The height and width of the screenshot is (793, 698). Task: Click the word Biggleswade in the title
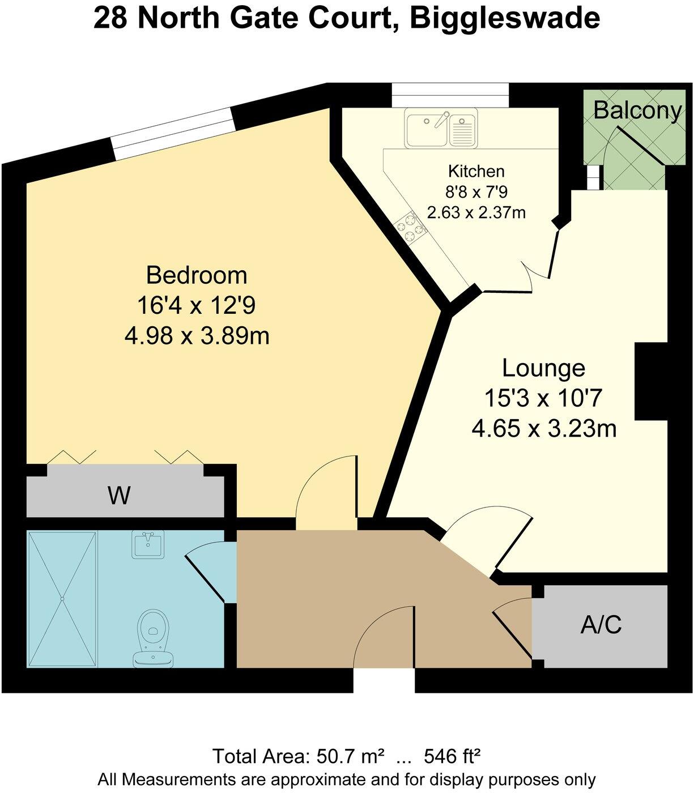click(504, 19)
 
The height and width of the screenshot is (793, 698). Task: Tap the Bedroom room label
click(197, 275)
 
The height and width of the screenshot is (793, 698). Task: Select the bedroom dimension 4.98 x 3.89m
click(197, 336)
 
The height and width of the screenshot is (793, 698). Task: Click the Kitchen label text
click(476, 171)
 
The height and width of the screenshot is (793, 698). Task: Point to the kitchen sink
click(442, 127)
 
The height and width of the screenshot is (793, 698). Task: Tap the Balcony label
click(637, 110)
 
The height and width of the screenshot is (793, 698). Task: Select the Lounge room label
click(543, 368)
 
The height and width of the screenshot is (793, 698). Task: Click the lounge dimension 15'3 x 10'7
click(543, 399)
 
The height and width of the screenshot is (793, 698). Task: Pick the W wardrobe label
click(119, 496)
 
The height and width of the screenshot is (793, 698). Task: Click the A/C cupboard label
click(601, 625)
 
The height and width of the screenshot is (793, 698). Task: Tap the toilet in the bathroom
click(151, 634)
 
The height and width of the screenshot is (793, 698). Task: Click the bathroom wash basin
click(147, 544)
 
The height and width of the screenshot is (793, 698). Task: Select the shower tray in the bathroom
click(62, 598)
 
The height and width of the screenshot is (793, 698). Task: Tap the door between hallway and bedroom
click(327, 498)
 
